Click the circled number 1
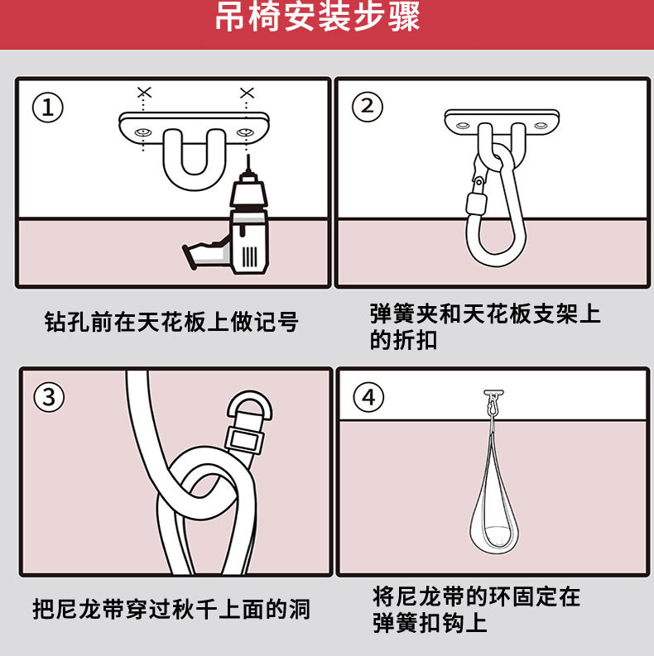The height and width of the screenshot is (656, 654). (x=48, y=107)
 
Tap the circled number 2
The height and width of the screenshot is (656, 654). (x=368, y=106)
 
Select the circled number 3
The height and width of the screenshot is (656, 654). (x=49, y=396)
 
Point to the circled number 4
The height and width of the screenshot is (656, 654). (x=368, y=397)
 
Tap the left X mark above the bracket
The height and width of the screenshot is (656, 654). (x=144, y=93)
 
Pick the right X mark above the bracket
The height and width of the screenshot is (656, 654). (x=247, y=93)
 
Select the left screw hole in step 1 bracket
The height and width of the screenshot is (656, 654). (x=142, y=132)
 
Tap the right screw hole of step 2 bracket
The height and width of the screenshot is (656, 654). (x=541, y=125)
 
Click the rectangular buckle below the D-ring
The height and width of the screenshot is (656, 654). (x=244, y=439)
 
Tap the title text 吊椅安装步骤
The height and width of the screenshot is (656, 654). (x=317, y=17)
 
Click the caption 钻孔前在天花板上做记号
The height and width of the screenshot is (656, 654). (x=171, y=322)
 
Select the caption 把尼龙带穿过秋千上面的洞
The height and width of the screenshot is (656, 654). (x=171, y=609)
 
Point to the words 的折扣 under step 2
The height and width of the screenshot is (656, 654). (x=403, y=339)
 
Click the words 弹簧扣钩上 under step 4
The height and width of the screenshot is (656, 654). (x=430, y=623)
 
